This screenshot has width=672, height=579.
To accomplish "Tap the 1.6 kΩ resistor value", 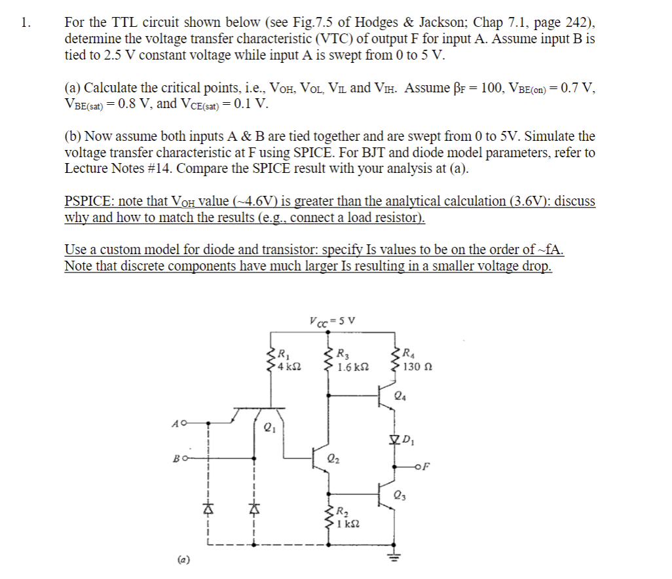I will coord(352,367).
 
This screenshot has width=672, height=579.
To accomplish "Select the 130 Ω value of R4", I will coord(417,367).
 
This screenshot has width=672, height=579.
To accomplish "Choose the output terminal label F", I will coord(427,466).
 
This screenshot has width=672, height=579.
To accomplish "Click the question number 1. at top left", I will coord(25,23).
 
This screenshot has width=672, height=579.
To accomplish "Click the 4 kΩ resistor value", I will coord(286,365).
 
